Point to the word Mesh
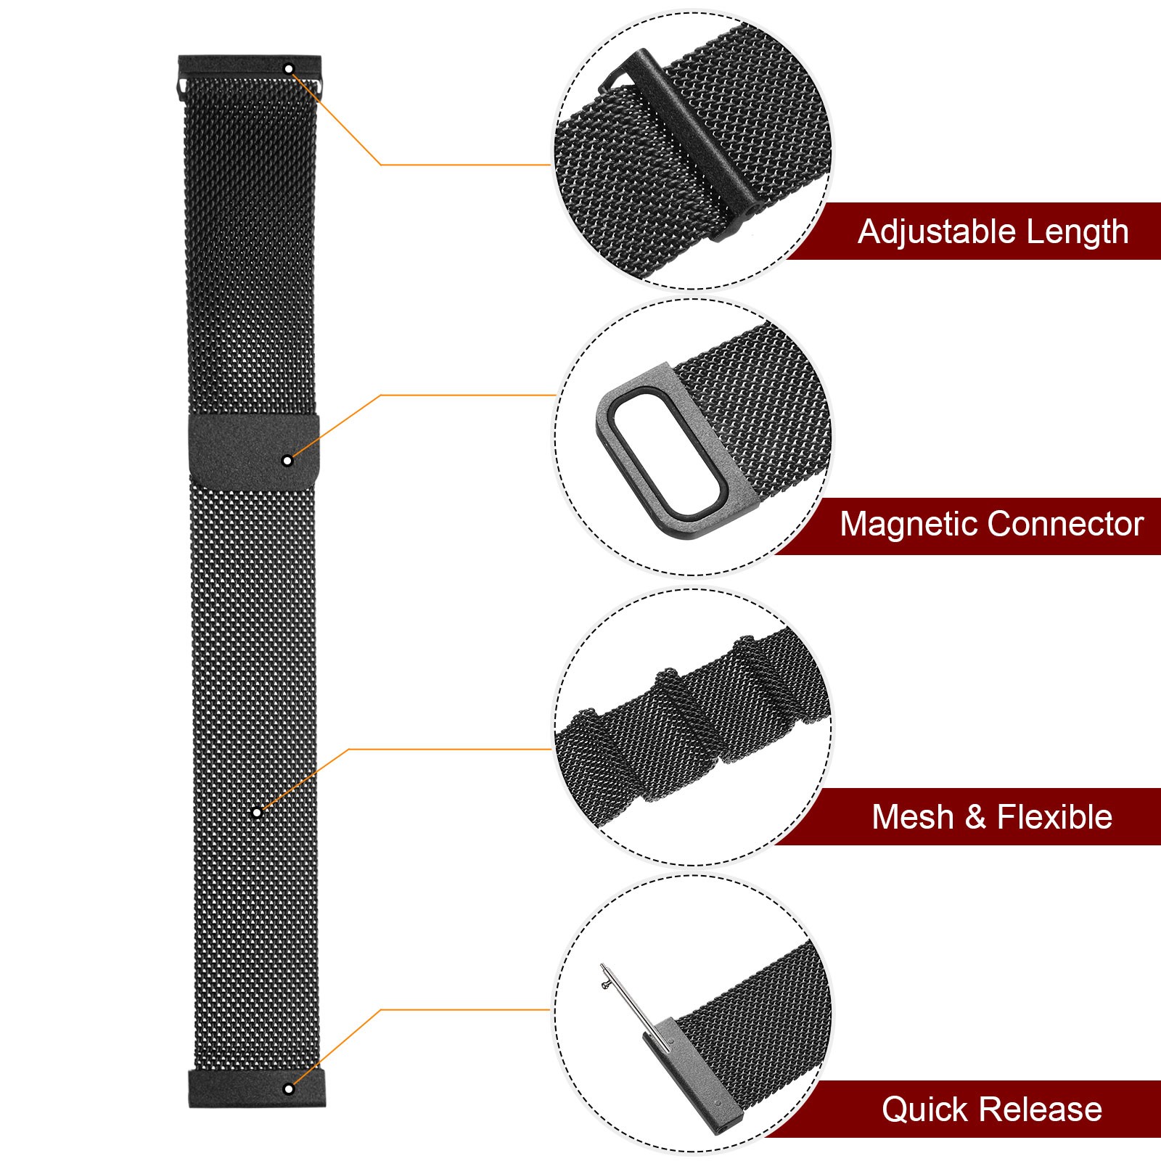coord(912,817)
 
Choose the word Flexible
coord(1054,817)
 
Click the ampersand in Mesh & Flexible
coord(975,818)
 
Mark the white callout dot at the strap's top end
coord(289,69)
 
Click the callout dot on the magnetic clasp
coord(287,461)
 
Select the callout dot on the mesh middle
coord(256,812)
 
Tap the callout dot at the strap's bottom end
coord(289,1088)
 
